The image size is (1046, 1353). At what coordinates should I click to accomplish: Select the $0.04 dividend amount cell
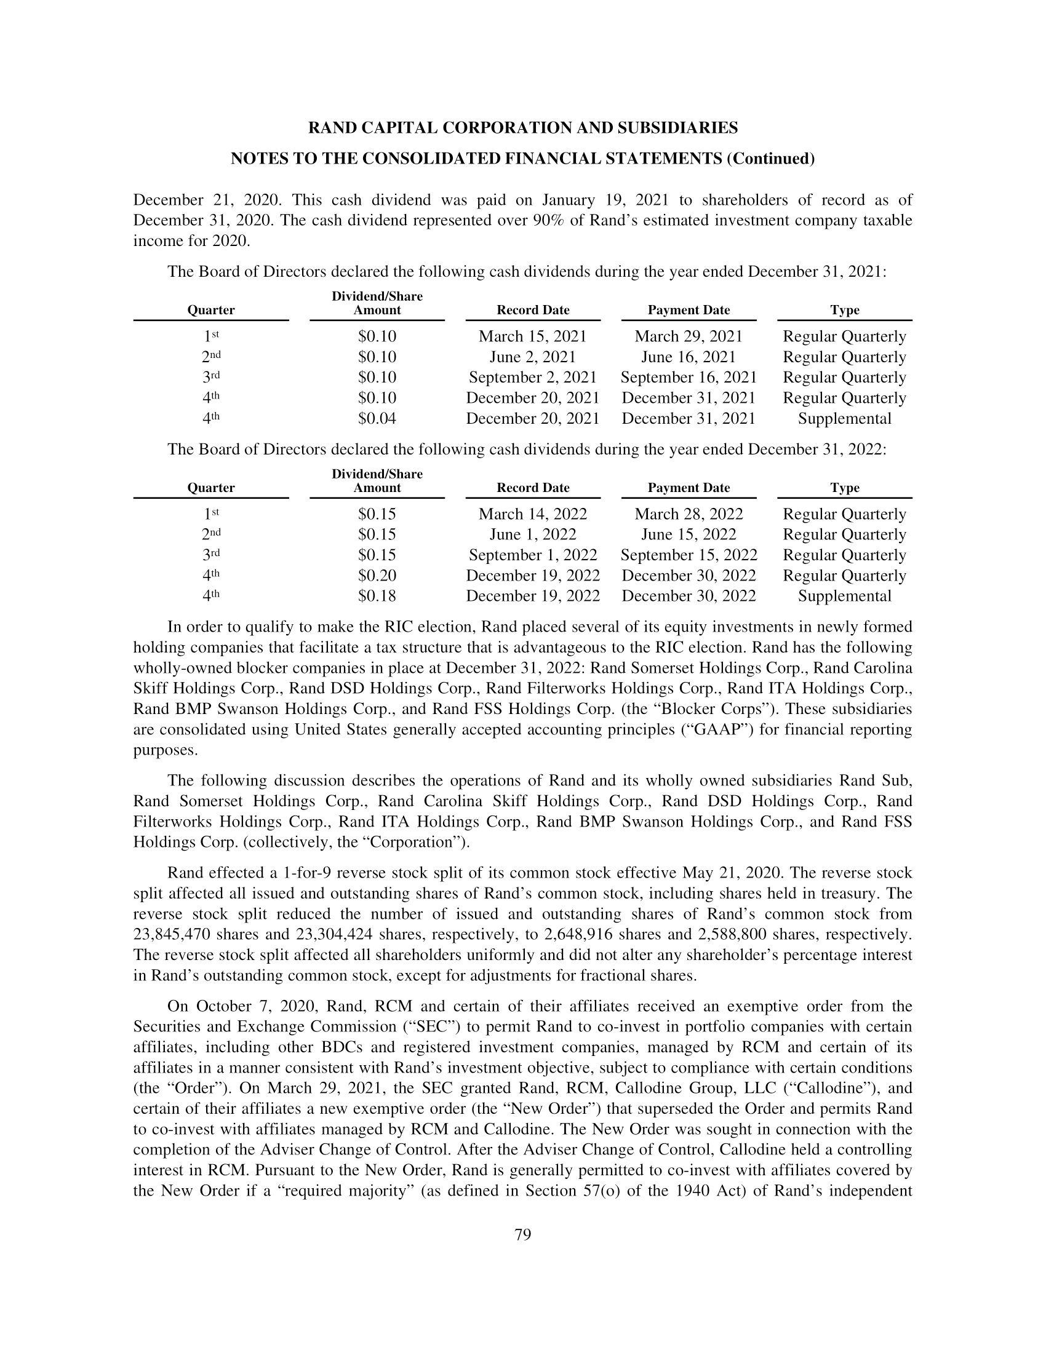tap(377, 419)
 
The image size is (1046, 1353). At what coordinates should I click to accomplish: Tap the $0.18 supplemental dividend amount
tap(377, 596)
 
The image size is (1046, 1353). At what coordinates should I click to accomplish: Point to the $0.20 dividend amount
tap(377, 576)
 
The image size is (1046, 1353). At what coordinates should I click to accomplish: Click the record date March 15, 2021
tap(532, 336)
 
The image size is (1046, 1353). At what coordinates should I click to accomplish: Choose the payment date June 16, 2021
tap(689, 357)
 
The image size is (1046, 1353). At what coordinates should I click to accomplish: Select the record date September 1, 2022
tap(533, 555)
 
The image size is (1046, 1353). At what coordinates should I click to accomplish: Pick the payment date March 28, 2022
tap(689, 514)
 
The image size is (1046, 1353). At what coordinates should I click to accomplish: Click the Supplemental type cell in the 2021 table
tap(844, 419)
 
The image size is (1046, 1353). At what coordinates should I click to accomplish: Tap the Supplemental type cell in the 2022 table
tap(844, 596)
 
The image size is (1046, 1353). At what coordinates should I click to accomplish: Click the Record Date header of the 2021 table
tap(533, 311)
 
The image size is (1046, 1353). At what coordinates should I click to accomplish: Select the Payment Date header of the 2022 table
tap(689, 488)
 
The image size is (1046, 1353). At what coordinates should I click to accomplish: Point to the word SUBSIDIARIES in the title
tap(676, 129)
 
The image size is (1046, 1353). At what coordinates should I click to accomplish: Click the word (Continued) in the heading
tap(770, 159)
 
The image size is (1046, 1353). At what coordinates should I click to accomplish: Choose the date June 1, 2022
tap(533, 534)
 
